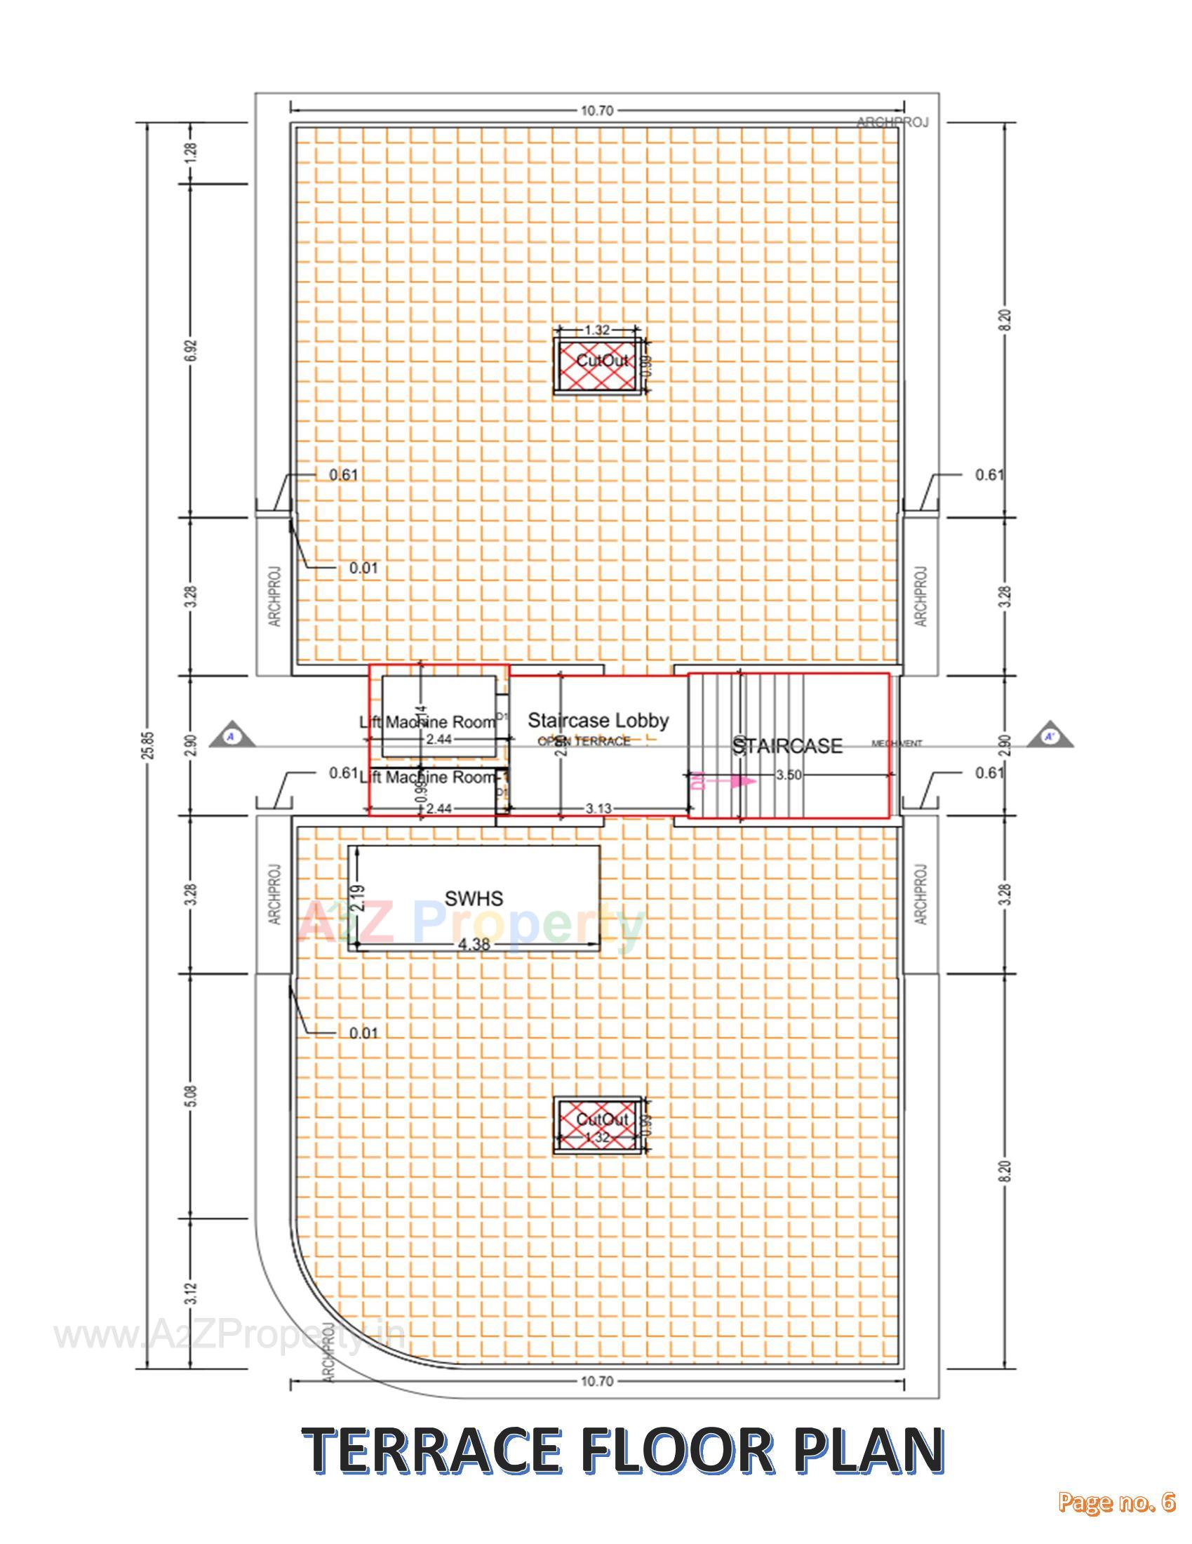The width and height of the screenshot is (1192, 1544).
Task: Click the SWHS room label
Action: click(x=474, y=898)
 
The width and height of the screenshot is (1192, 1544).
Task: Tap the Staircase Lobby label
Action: click(x=598, y=720)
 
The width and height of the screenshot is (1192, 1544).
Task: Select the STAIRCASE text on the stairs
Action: click(x=787, y=746)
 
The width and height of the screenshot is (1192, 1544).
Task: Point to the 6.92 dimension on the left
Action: click(x=192, y=350)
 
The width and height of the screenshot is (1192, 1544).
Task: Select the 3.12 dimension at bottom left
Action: click(x=192, y=1294)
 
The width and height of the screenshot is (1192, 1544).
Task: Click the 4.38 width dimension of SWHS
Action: click(x=474, y=945)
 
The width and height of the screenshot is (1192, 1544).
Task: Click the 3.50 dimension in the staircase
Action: click(x=789, y=775)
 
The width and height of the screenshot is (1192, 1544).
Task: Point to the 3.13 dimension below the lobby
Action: click(x=598, y=808)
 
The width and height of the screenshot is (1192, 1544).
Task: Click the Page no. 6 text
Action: click(x=1116, y=1517)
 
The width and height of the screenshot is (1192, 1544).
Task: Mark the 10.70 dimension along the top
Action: click(x=597, y=110)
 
